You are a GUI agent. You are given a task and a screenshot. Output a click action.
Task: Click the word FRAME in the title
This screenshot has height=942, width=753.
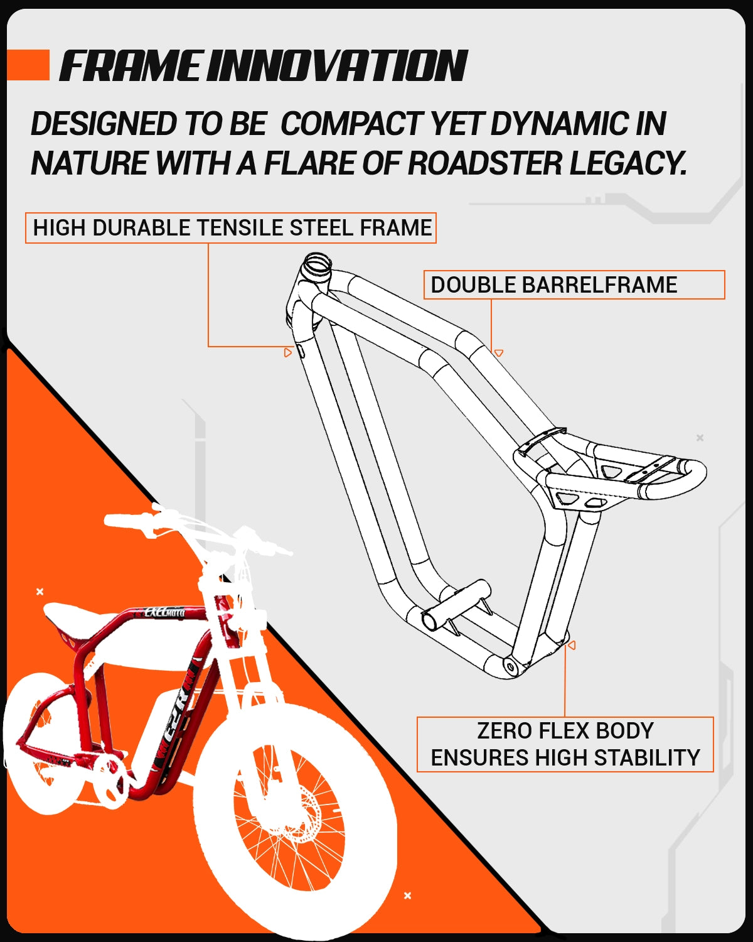(131, 67)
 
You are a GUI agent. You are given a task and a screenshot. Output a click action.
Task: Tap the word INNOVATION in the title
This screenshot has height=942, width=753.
(338, 67)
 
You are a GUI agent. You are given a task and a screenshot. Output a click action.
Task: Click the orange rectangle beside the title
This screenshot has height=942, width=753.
(28, 65)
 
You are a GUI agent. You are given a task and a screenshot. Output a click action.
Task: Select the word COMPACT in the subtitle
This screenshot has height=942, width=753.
(351, 124)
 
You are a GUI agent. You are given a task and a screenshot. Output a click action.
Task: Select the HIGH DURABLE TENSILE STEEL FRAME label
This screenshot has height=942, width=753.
(231, 228)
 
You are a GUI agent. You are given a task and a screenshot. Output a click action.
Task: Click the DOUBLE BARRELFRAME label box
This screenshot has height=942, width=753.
(574, 285)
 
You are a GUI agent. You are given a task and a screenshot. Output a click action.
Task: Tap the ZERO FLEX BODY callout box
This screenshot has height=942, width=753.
(565, 744)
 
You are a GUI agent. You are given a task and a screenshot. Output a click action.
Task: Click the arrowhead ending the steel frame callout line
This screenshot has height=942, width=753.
(288, 352)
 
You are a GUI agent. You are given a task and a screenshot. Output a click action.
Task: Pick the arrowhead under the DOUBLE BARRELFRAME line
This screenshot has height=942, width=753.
(499, 354)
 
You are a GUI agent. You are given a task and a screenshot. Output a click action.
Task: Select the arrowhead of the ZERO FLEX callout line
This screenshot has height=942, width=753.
(571, 645)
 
